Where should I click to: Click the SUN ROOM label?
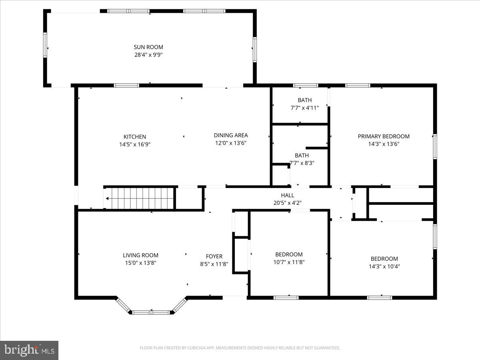(148, 47)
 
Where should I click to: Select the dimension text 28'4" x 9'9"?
(148, 55)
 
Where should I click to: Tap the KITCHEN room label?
(134, 137)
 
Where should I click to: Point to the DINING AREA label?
(231, 135)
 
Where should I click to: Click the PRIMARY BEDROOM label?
(384, 136)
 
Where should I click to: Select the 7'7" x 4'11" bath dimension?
(304, 108)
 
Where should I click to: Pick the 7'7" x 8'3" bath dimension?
(302, 163)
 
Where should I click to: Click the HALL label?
(287, 195)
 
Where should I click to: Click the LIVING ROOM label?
(140, 255)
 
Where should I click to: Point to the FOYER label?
(214, 256)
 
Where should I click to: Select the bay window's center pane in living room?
(152, 312)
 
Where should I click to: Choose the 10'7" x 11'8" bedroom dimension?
(289, 262)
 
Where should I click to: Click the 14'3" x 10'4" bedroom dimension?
(384, 266)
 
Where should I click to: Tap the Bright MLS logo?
(29, 350)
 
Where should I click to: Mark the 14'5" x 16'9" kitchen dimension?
(134, 144)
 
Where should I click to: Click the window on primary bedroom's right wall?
(435, 147)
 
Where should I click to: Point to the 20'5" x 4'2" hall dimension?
(287, 203)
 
